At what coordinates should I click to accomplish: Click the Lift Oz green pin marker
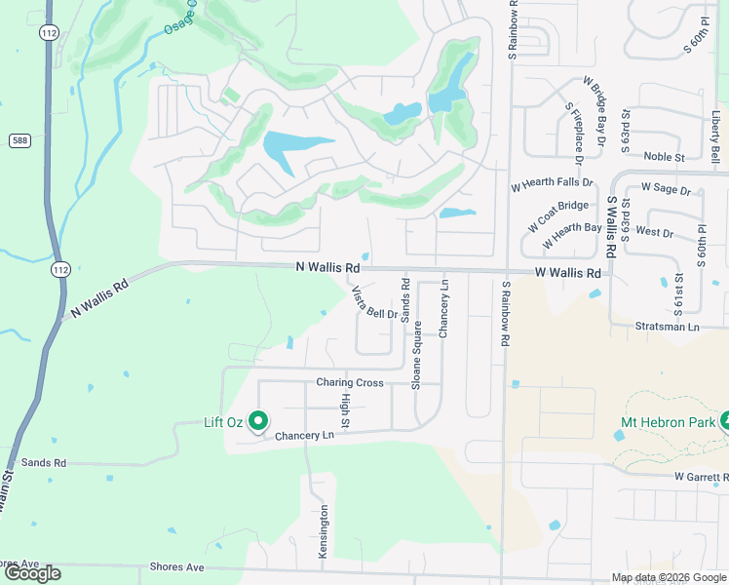coord(258,421)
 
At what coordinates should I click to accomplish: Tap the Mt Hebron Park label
coord(668,422)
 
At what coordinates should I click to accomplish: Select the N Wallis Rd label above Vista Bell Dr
coord(327,267)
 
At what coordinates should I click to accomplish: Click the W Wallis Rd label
coord(567,274)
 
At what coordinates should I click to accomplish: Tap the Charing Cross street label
coord(349,383)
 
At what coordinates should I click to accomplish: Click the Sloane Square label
coord(417,356)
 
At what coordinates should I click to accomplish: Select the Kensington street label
coord(324,531)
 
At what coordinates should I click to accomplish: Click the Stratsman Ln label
coord(667,327)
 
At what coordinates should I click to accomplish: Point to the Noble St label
coord(665,156)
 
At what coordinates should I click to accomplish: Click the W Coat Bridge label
coord(558,216)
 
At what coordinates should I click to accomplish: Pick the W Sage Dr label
coord(666,190)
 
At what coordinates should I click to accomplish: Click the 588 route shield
coord(19,140)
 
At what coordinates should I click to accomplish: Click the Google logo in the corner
coord(31,573)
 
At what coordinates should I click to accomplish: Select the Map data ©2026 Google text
coord(669,577)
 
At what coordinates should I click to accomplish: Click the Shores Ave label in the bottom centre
coord(176,566)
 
